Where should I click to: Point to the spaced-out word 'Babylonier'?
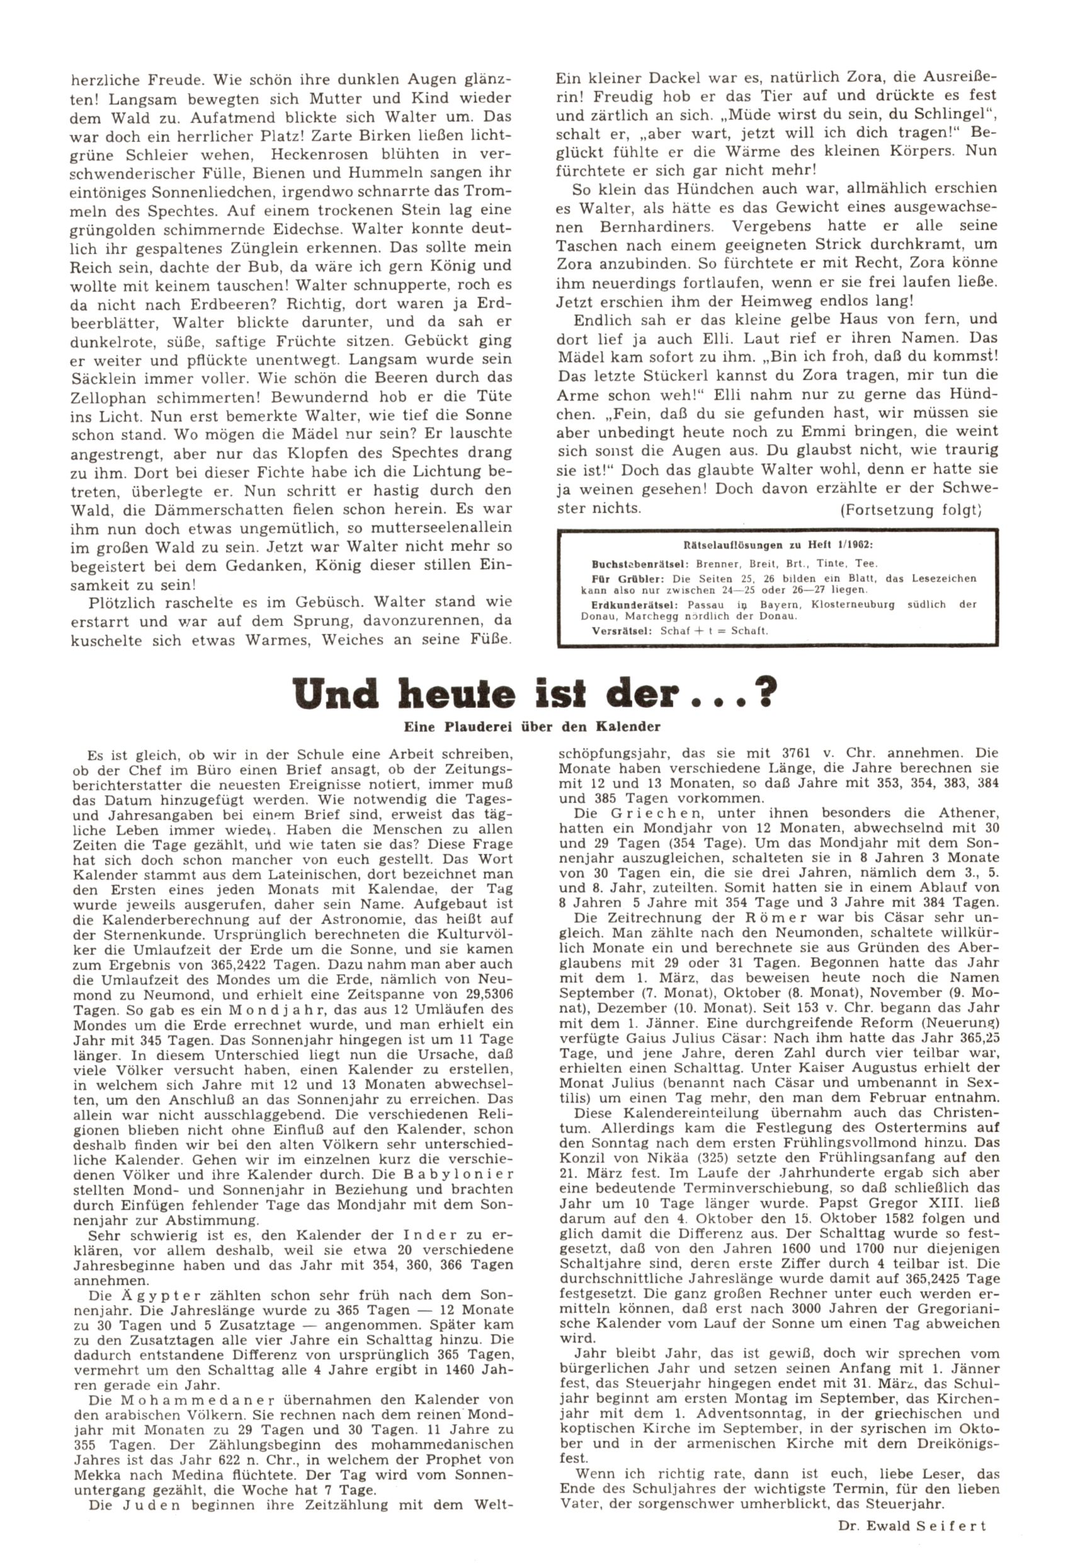point(458,1174)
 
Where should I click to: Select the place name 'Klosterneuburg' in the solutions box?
point(853,604)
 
